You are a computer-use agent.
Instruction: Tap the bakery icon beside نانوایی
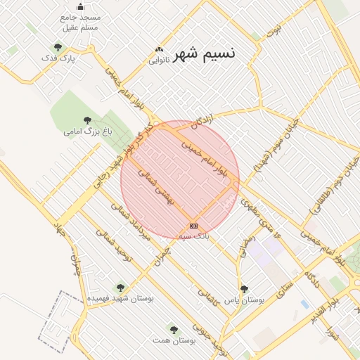coord(159,50)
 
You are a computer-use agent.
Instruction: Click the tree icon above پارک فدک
coord(58,48)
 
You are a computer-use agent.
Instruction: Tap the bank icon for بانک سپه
coord(193,226)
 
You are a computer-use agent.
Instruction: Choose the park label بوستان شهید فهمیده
coord(120,298)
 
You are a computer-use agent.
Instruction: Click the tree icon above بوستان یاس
coord(244,289)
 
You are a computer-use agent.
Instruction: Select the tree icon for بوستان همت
coord(174,329)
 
